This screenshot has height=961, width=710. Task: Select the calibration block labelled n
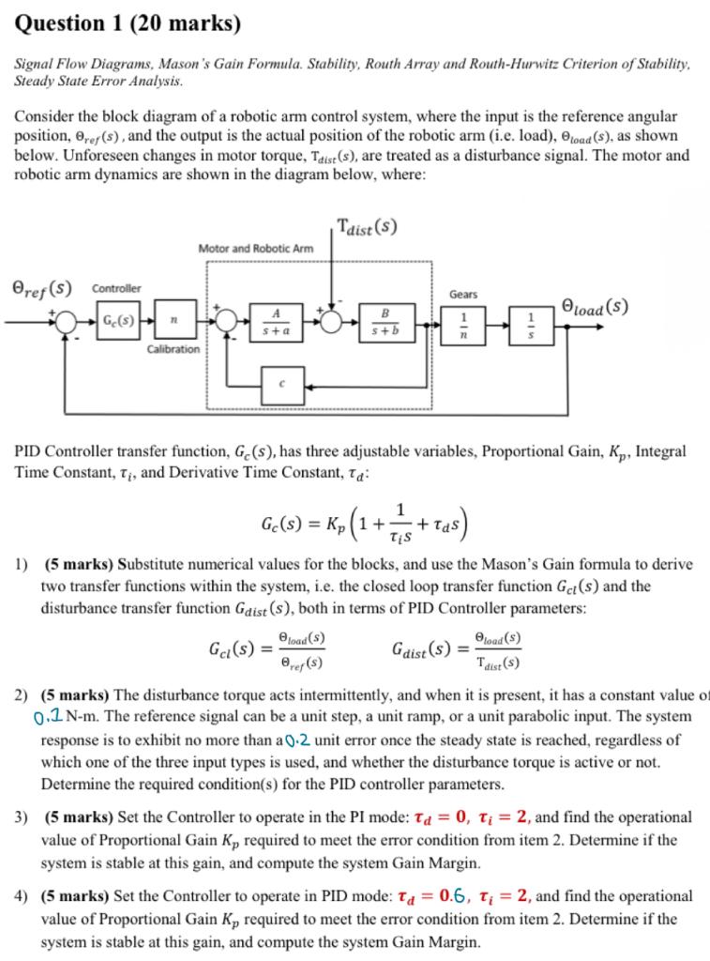[174, 320]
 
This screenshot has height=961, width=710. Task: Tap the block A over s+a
[276, 320]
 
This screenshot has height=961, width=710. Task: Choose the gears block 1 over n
[463, 321]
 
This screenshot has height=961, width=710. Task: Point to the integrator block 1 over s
[532, 321]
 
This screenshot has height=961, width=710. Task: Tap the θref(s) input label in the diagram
[40, 287]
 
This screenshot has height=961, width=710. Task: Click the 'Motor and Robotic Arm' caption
[255, 249]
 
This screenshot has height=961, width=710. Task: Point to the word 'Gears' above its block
[463, 294]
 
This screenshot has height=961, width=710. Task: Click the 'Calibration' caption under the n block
[174, 349]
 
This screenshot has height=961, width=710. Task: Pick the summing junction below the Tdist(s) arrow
[331, 320]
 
